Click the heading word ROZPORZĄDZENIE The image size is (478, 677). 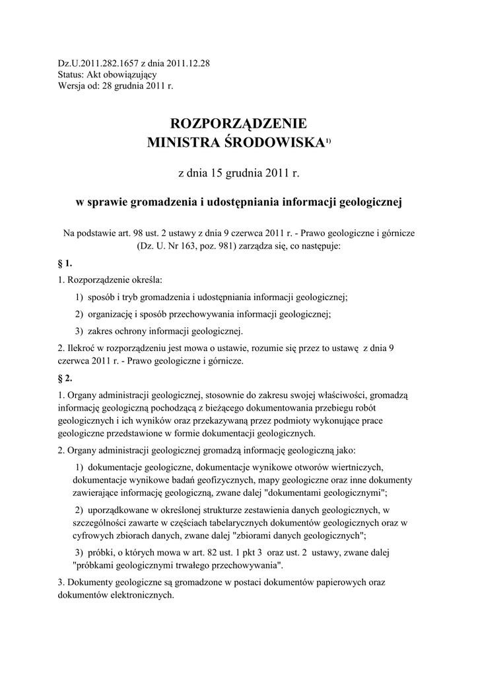click(239, 123)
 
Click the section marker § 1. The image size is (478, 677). click(65, 262)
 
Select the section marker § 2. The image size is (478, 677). click(65, 379)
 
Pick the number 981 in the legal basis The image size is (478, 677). click(200, 245)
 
